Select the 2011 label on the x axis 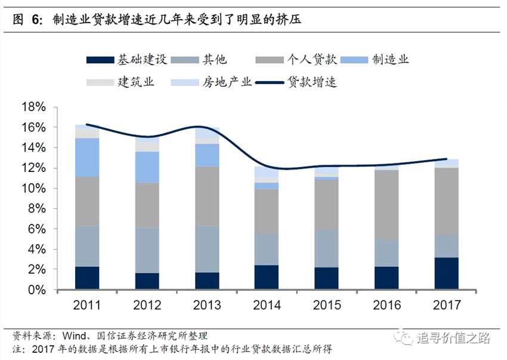click(87, 305)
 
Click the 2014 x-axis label click(267, 305)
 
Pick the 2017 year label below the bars click(446, 305)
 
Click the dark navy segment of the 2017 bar click(446, 273)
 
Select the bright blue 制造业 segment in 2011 click(87, 157)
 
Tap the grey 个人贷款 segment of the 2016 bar click(387, 205)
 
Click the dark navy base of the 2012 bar click(147, 281)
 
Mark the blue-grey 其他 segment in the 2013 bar click(207, 249)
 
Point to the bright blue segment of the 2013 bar click(207, 155)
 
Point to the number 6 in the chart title click(35, 20)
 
